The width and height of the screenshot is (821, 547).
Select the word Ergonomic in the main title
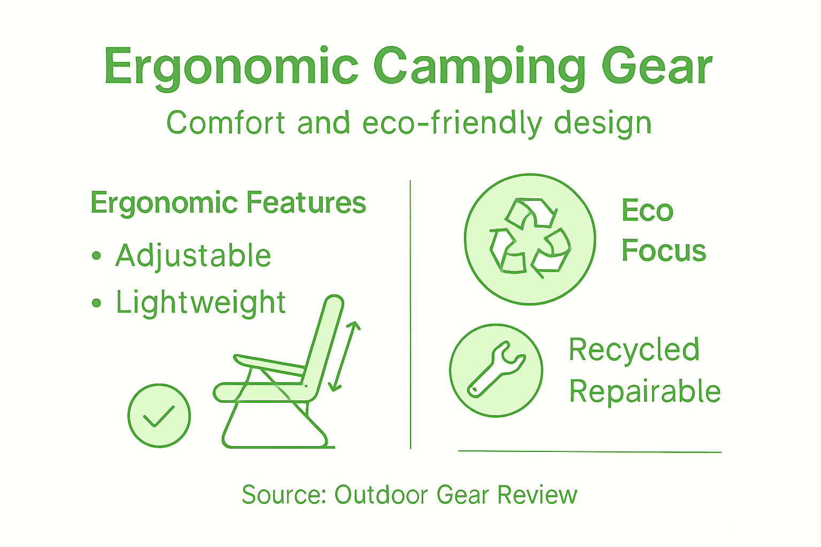tap(231, 67)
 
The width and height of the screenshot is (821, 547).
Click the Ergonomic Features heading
tap(228, 204)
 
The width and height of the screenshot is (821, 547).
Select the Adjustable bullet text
tap(193, 256)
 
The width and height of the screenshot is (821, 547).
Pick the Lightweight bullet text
tap(201, 303)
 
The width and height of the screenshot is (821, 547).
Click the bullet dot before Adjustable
tap(96, 256)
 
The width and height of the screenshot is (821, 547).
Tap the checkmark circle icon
tap(159, 416)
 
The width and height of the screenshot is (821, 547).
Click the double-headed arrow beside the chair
tap(345, 356)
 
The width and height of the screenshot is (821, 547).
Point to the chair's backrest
tap(324, 342)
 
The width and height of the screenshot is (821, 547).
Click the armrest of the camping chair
tap(270, 365)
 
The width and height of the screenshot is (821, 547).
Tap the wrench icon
tap(496, 370)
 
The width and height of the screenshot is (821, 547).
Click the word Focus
tap(663, 251)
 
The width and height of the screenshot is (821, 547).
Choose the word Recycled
tap(634, 350)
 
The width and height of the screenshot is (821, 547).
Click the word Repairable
tap(645, 392)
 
